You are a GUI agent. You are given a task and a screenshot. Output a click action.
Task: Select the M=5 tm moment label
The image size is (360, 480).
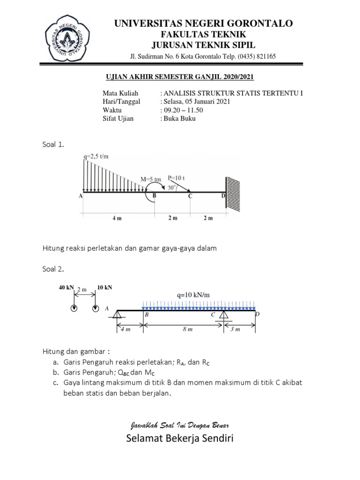151,179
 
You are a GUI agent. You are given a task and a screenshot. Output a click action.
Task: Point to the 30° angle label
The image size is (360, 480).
172,186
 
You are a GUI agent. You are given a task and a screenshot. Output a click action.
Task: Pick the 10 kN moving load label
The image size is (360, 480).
104,287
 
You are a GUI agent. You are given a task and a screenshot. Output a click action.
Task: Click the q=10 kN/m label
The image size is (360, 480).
194,296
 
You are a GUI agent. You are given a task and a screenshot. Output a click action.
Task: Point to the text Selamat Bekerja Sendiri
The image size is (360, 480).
179,439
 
